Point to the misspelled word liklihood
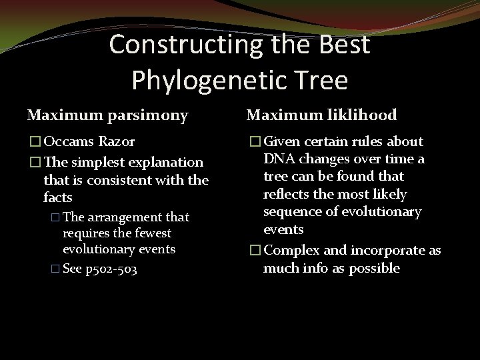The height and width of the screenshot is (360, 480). point(355,115)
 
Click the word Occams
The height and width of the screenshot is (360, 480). point(70,141)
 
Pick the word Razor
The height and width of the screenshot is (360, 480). point(117,141)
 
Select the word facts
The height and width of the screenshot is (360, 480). point(58,197)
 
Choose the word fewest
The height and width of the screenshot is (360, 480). point(150,233)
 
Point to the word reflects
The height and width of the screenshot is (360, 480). point(286,194)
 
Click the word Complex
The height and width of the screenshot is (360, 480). point(291,251)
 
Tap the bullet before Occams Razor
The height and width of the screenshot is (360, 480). point(33,142)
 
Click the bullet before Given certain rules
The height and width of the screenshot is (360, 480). point(253,142)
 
